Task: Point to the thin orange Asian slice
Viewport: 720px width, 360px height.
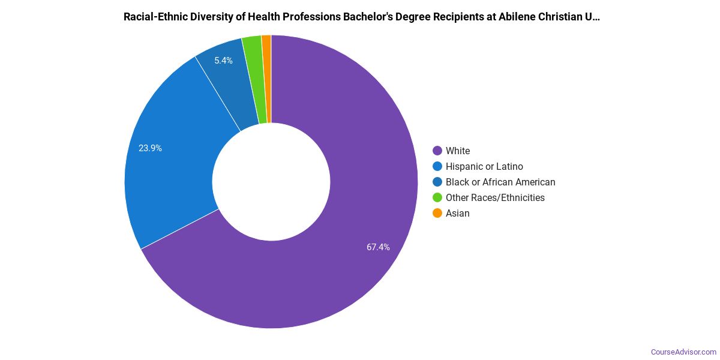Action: pos(267,78)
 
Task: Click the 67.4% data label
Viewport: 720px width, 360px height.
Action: pos(378,247)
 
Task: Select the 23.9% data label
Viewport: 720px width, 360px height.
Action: pos(150,148)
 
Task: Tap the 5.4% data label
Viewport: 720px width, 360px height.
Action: pos(223,61)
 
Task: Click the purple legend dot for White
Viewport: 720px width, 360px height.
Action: pos(437,151)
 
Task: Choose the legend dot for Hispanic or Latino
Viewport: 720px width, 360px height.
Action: pos(437,166)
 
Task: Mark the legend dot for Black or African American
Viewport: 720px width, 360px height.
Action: pos(437,182)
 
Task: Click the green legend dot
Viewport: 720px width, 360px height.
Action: pos(437,197)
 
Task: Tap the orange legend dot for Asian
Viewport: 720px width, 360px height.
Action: pos(437,213)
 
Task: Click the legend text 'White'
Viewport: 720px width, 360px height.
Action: pos(458,151)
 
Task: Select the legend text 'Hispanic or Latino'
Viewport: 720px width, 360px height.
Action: pos(484,166)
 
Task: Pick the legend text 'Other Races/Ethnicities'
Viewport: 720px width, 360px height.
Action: pos(495,197)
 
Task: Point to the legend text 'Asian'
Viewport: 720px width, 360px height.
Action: pos(458,213)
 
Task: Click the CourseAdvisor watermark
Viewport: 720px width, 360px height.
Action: pos(683,352)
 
